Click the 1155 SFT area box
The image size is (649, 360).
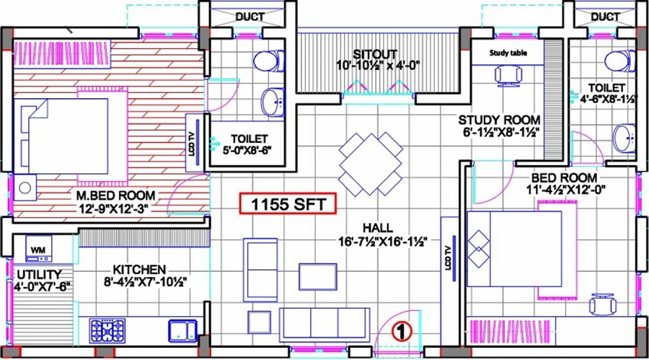coord(288,205)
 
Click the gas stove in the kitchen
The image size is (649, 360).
coord(107,331)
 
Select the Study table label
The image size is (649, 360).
coord(508,53)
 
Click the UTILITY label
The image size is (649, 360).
coord(40,275)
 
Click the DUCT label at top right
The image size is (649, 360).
coord(604,17)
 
